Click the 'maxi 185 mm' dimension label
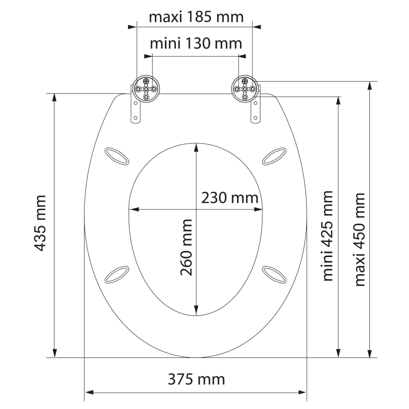(196, 17)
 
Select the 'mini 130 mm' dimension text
(196, 43)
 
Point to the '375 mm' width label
(196, 378)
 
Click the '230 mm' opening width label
(229, 197)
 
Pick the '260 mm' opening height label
(186, 247)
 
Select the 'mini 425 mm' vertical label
(328, 236)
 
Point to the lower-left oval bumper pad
(117, 274)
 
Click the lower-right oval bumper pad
(274, 274)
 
